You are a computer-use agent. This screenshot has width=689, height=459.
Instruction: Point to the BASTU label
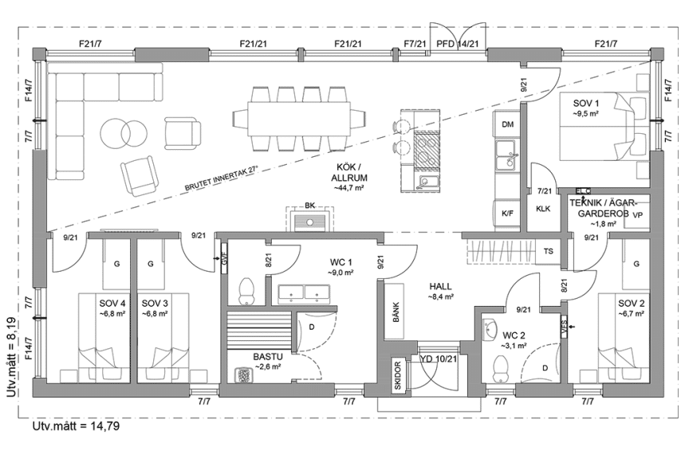[266, 358]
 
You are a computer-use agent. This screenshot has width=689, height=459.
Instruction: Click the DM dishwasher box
[507, 125]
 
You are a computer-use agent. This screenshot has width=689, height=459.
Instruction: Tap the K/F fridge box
[507, 214]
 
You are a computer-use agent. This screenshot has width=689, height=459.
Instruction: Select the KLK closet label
[544, 209]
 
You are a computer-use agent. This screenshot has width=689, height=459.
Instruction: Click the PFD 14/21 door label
[458, 44]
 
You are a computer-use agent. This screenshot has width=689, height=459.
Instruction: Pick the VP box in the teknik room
[636, 214]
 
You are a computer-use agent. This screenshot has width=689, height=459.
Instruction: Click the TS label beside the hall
[549, 251]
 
